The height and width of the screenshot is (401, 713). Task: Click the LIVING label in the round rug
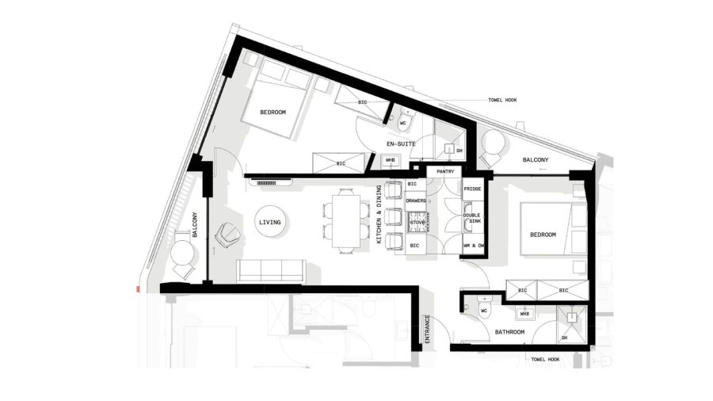tap(269, 223)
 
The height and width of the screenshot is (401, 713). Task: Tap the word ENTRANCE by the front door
tap(427, 329)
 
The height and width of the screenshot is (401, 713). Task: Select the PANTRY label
tap(445, 171)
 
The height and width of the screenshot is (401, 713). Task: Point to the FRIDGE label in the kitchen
tap(472, 189)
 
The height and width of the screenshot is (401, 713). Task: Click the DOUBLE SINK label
tap(472, 218)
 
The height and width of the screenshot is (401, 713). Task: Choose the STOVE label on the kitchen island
tap(417, 223)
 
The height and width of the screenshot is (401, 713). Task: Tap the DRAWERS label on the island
tap(416, 200)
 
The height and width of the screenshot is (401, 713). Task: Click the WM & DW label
tap(474, 246)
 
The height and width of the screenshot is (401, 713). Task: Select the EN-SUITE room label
tap(401, 143)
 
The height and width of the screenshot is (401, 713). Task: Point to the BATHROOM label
tap(509, 332)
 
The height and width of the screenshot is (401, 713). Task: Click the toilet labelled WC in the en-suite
tap(404, 120)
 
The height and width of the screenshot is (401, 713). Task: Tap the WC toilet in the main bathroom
tap(484, 308)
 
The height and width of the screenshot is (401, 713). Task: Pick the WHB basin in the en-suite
tap(390, 161)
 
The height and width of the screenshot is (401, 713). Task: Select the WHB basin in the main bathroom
tap(524, 313)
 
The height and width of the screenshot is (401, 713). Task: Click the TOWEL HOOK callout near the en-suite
tap(502, 100)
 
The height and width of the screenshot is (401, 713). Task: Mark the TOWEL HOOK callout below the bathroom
tap(545, 359)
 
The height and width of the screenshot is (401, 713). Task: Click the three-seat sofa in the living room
tap(271, 271)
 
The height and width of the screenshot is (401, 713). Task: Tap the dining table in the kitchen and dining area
tap(346, 221)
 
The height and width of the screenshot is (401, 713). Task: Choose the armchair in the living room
tap(227, 235)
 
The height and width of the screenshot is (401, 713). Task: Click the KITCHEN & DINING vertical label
tap(379, 214)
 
